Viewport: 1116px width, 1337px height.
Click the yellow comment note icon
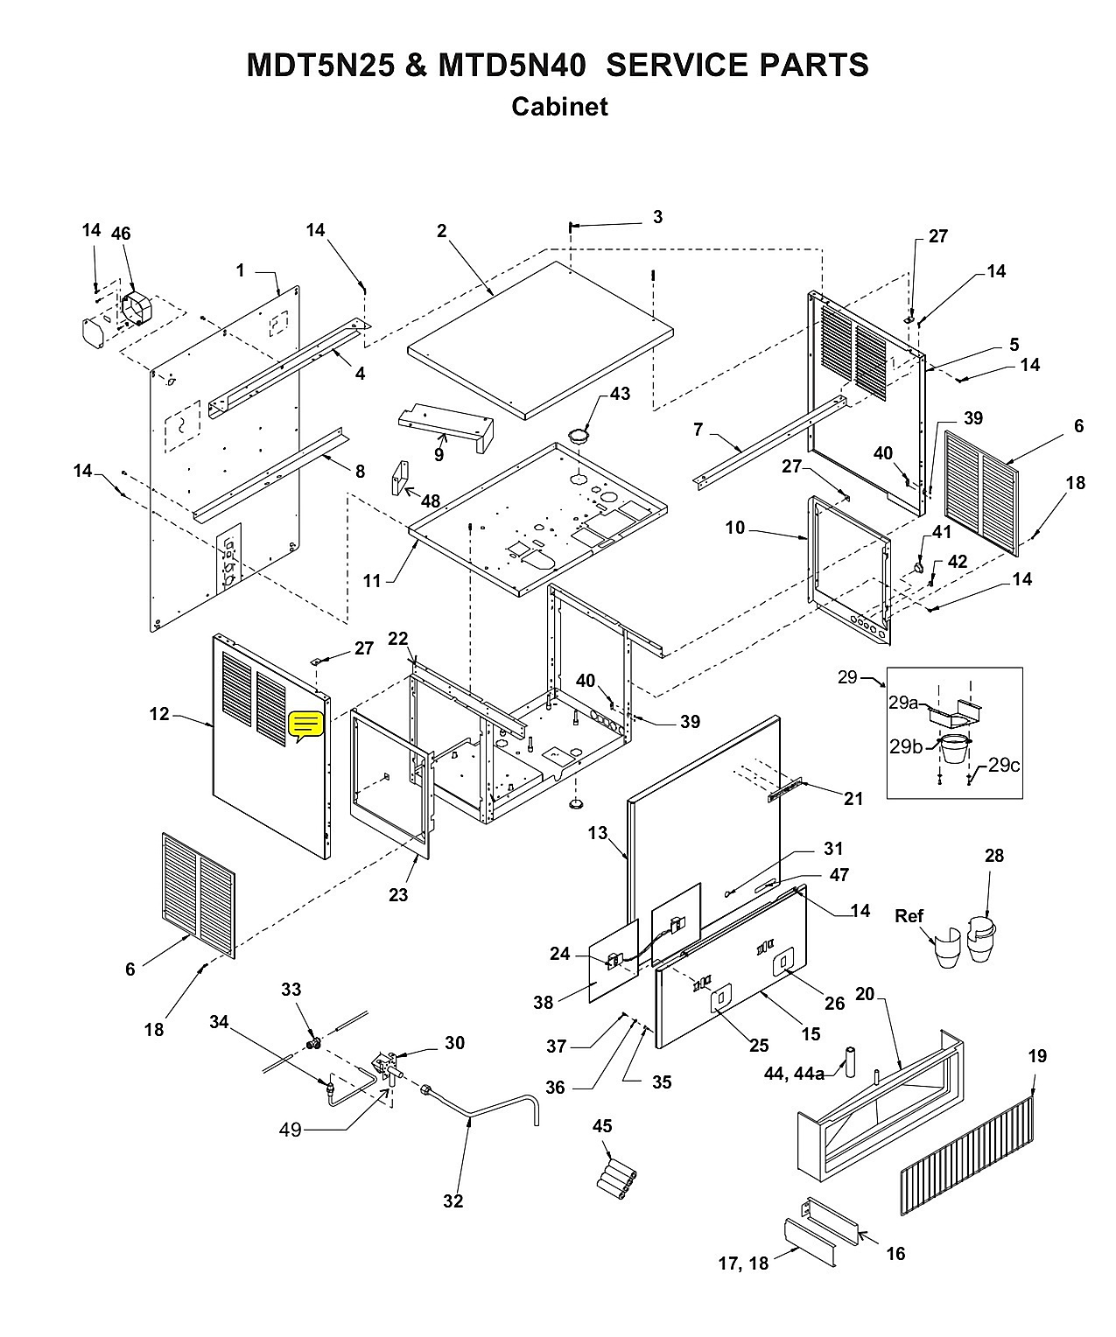pyautogui.click(x=306, y=726)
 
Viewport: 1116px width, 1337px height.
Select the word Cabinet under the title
pyautogui.click(x=559, y=106)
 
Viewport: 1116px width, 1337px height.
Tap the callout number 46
pyautogui.click(x=121, y=234)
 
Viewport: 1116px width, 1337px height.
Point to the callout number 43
pyautogui.click(x=620, y=394)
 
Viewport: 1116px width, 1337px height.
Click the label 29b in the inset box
pyautogui.click(x=905, y=746)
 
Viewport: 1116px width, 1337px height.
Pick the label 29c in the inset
pyautogui.click(x=1004, y=766)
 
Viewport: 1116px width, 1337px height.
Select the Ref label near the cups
pyautogui.click(x=909, y=915)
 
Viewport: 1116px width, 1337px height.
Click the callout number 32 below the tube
pyautogui.click(x=453, y=1201)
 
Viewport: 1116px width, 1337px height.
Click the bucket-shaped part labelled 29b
pyautogui.click(x=955, y=749)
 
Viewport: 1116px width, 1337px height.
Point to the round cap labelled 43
pyautogui.click(x=580, y=437)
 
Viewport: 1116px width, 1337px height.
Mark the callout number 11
pyautogui.click(x=372, y=581)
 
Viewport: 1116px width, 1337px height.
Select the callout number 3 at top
pyautogui.click(x=657, y=217)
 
